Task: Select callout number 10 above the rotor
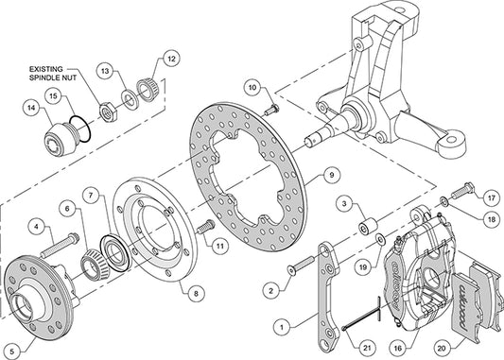(x=252, y=88)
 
